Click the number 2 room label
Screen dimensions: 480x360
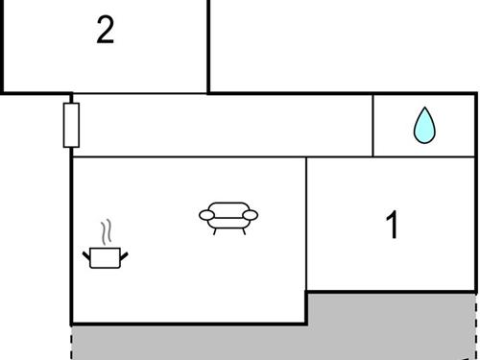coord(106,31)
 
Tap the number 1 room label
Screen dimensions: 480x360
coord(391,226)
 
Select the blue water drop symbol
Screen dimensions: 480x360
coord(423,126)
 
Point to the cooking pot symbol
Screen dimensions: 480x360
coord(106,256)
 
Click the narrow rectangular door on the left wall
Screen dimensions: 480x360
coord(71,125)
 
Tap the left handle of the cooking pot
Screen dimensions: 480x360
coord(88,253)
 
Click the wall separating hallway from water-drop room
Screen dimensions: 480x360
coord(372,125)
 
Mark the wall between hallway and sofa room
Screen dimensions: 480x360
coord(192,156)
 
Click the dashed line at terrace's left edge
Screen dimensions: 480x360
coord(72,341)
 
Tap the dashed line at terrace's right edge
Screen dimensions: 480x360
coord(476,326)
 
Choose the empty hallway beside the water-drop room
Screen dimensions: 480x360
coord(221,125)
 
